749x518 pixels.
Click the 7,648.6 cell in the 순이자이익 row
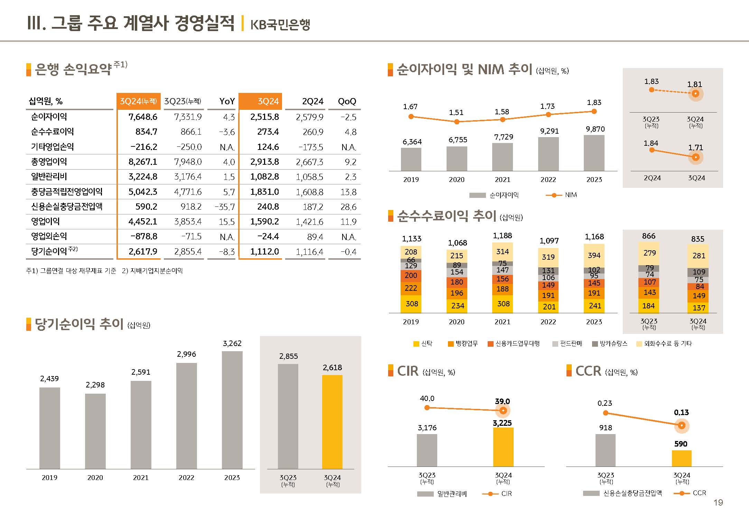click(143, 117)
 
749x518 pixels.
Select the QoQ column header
click(347, 101)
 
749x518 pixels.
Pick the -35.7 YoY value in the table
click(225, 207)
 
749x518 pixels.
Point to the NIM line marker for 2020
click(457, 122)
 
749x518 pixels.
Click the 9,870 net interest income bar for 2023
click(594, 153)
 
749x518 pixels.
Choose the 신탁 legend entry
click(423, 344)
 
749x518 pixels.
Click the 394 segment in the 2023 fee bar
click(594, 256)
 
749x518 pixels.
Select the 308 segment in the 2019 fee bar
click(411, 304)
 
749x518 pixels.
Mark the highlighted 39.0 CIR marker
click(503, 411)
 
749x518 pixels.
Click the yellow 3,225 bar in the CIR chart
click(503, 447)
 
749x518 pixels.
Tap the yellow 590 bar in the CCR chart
click(682, 458)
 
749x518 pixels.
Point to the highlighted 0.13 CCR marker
click(682, 425)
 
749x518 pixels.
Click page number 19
click(718, 502)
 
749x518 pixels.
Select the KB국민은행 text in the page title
click(280, 25)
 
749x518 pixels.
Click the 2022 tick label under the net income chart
click(186, 478)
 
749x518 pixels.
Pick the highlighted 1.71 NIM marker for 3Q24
click(696, 157)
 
